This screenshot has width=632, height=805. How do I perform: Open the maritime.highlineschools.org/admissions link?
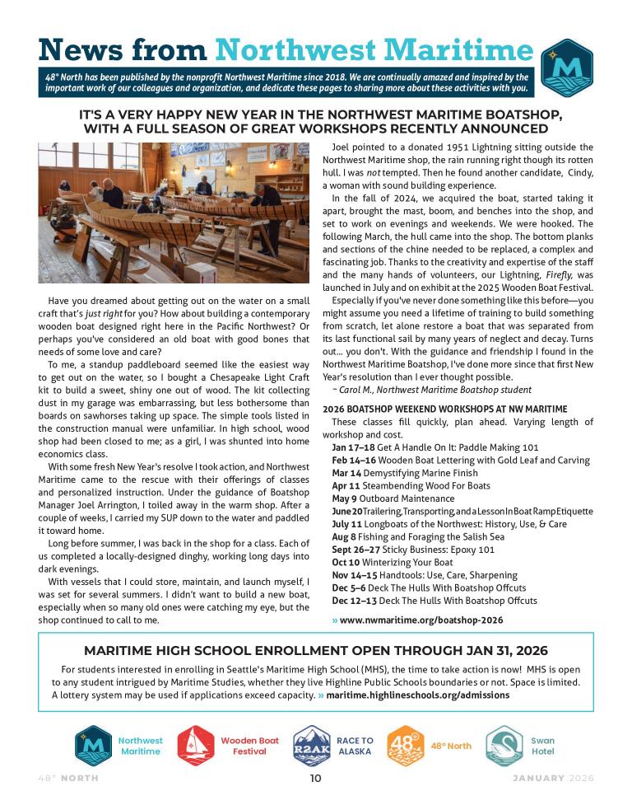417,695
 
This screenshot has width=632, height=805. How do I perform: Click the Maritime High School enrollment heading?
316,651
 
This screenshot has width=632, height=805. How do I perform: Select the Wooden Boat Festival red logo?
197,746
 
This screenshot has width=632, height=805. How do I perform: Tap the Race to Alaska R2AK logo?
314,746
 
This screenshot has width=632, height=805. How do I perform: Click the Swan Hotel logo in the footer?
504,746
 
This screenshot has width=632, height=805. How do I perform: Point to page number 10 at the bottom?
316,779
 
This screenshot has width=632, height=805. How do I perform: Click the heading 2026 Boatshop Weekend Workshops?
444,409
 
